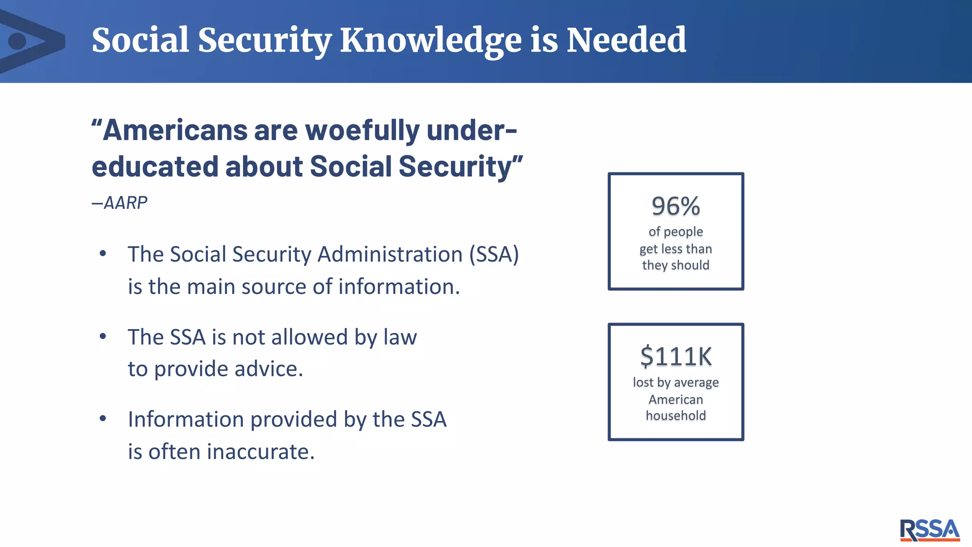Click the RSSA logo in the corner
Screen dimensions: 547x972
929,529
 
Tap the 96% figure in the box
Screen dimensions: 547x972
675,206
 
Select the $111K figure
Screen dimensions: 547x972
676,357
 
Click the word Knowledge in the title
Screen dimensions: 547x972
430,41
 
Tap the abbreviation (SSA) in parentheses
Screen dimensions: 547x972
494,255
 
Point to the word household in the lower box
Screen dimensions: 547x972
675,415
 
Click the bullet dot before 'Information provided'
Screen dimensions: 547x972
103,419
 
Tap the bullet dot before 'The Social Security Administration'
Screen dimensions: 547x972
103,254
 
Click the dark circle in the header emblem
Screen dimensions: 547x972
18,41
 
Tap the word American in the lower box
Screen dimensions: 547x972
675,399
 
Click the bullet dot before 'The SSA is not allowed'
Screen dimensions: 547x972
103,337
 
